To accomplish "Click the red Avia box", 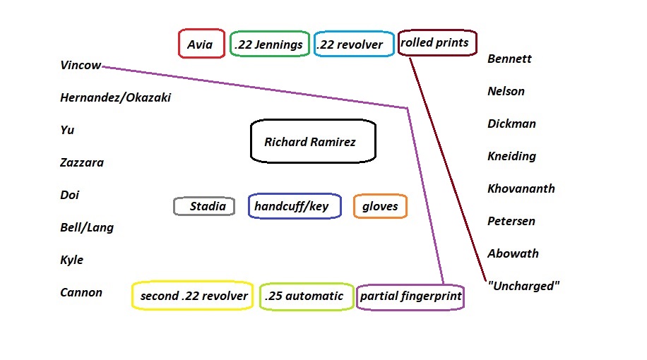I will tap(201, 44).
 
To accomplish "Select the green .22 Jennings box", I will tap(270, 44).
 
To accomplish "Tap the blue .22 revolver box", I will tap(353, 44).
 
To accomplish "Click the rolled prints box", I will tap(437, 42).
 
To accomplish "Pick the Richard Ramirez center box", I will tap(313, 141).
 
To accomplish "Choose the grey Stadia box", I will tap(204, 206).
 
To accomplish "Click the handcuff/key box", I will tap(294, 206).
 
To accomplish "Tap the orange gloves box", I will tap(380, 206).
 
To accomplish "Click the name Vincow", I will tap(81, 66).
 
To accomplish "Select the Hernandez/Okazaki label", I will tap(116, 98).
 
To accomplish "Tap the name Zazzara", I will tap(82, 163).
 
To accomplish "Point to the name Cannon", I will tap(81, 292).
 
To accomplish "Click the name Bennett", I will tap(509, 59).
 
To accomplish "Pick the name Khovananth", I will tap(521, 188).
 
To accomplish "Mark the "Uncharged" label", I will tap(523, 286).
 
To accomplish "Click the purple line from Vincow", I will tap(254, 87).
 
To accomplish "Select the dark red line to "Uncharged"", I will tap(447, 169).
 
